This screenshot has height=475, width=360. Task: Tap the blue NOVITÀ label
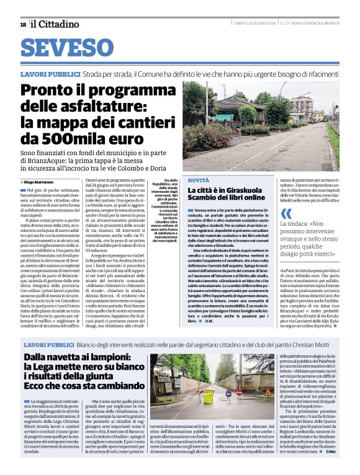[x=199, y=179]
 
